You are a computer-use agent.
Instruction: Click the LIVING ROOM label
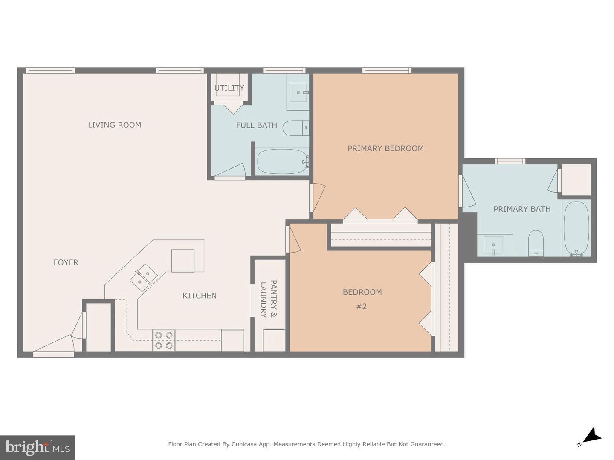tap(114, 125)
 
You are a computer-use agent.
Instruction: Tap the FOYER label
tap(66, 262)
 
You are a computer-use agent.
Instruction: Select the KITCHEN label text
tap(200, 296)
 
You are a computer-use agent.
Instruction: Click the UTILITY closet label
tap(229, 88)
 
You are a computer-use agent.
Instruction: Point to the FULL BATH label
tap(257, 125)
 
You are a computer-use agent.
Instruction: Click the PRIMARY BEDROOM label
tap(385, 148)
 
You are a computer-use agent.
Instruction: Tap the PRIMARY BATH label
tap(522, 209)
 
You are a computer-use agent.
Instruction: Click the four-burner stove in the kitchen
tap(164, 340)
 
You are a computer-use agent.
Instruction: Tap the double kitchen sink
tap(143, 277)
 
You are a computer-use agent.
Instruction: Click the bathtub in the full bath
tap(282, 161)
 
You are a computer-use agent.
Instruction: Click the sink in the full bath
tap(298, 92)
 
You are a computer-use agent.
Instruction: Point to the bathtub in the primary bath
tap(576, 229)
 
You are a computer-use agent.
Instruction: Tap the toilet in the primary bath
tap(536, 243)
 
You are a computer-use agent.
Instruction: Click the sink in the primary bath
tap(493, 245)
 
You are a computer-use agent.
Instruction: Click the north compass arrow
tap(592, 436)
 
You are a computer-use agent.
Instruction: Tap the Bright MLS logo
tap(38, 447)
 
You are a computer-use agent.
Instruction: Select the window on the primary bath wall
tap(510, 161)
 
